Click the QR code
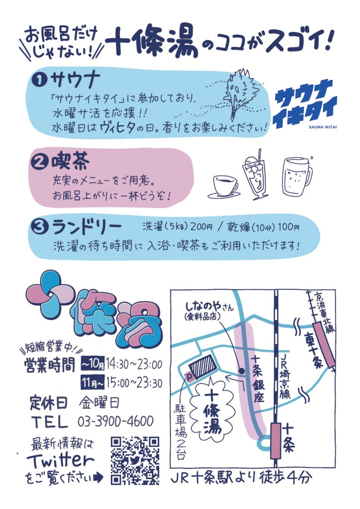click(135, 461)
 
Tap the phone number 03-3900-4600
click(115, 422)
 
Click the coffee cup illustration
click(224, 187)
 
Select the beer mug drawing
click(297, 176)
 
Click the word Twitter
click(61, 461)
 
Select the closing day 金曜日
click(99, 403)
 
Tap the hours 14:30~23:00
click(134, 364)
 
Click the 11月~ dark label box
click(93, 384)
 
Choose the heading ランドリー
click(87, 227)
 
